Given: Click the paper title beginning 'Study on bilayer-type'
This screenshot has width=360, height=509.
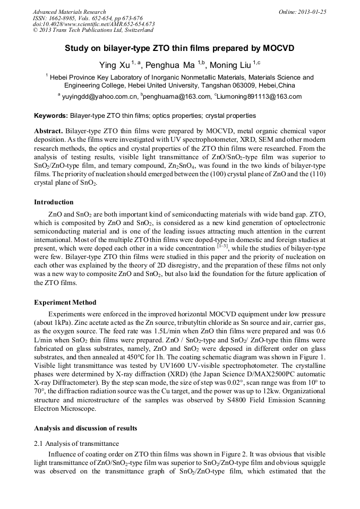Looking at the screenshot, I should (x=179, y=48).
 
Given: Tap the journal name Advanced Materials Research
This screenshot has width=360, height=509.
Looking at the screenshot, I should (x=70, y=12).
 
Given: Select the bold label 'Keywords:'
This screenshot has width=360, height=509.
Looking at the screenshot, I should (x=51, y=115).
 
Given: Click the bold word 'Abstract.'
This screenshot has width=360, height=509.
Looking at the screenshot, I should (x=49, y=131).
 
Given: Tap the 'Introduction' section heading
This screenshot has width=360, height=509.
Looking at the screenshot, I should (x=54, y=202).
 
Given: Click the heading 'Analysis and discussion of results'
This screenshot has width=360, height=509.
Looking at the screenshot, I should (x=85, y=428).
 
